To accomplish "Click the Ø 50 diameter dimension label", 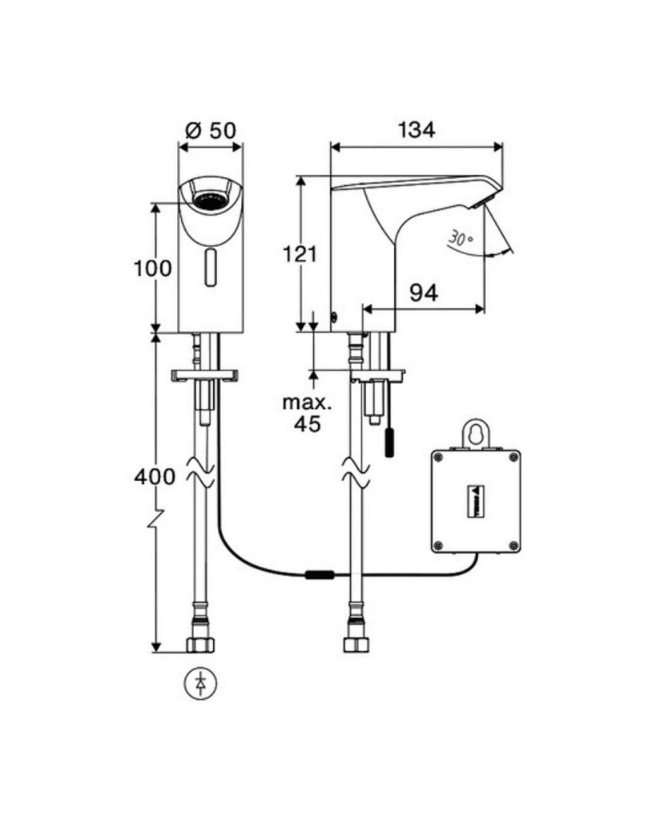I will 211,130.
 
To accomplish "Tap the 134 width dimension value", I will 416,130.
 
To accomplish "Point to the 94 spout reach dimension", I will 424,293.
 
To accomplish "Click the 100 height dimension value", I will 152,268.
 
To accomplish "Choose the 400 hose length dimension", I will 154,476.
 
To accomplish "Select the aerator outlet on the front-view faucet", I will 210,196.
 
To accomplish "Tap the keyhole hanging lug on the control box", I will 475,433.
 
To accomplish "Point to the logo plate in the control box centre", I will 475,501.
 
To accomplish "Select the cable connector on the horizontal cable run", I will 318,574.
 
